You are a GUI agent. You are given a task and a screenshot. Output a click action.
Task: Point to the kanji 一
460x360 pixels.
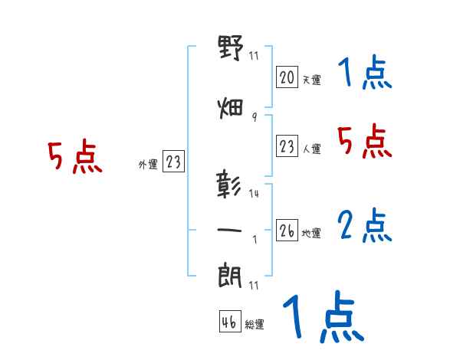click(230, 230)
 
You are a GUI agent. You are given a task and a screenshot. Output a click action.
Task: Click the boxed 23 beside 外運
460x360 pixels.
click(173, 162)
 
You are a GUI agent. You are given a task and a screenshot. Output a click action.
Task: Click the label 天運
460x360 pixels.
click(311, 80)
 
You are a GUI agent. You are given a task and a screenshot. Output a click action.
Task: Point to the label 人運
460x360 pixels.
click(311, 149)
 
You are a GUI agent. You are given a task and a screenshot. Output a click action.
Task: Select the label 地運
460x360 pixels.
click(311, 234)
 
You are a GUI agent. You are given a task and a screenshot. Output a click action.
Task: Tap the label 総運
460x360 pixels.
click(255, 325)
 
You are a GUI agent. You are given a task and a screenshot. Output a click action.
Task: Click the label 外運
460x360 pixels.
click(147, 163)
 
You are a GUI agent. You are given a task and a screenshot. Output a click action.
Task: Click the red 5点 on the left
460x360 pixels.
click(74, 158)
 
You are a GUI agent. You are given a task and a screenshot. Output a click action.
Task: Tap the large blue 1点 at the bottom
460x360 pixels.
click(322, 317)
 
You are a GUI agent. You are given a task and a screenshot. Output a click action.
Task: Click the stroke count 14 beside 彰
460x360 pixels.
click(255, 194)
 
